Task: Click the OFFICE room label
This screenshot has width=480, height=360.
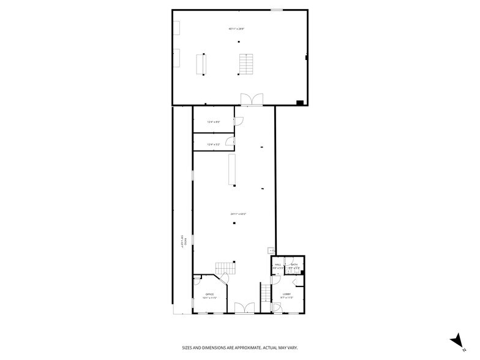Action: [x=210, y=294]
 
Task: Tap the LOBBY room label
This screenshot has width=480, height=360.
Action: [x=287, y=294]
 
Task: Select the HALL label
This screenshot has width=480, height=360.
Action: [x=277, y=264]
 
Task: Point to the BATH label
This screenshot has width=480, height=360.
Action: [x=294, y=264]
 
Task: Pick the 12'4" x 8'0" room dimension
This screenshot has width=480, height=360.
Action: [x=213, y=122]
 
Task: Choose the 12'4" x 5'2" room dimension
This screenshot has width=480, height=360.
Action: [x=213, y=144]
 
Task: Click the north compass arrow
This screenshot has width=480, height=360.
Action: [x=455, y=339]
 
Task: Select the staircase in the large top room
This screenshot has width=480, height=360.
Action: [x=246, y=64]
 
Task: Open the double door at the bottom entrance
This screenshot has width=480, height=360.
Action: [x=244, y=308]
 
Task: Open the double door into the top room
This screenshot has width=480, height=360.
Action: [x=252, y=100]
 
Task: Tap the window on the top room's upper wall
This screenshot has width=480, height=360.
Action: [x=277, y=9]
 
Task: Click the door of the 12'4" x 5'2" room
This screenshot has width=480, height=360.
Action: [x=230, y=142]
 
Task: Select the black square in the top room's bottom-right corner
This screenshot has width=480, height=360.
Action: [x=300, y=102]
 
